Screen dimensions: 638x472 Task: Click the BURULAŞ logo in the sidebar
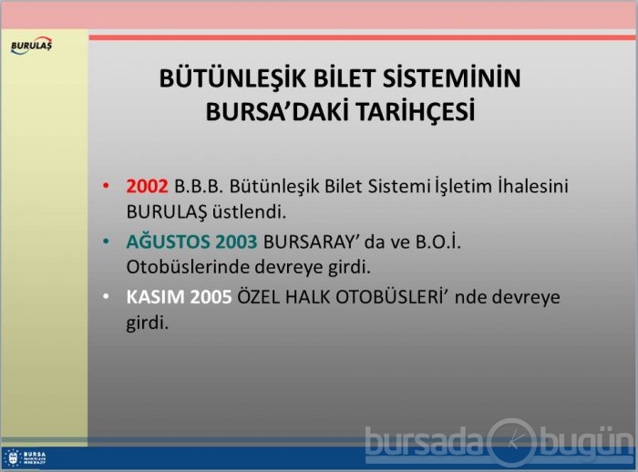coord(31,46)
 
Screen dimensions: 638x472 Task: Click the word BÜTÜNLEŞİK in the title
coord(232,78)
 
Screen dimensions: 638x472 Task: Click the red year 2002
coord(147,187)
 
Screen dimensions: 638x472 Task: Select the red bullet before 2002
coord(106,186)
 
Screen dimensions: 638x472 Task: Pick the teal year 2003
coord(236,241)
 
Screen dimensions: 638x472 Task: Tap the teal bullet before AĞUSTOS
coord(106,241)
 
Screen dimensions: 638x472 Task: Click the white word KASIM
coord(156,297)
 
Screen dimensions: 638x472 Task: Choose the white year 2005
coord(211,297)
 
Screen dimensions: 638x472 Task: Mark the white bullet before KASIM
coord(106,297)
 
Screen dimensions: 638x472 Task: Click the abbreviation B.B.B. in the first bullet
coord(199,187)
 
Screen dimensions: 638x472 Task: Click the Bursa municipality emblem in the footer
coord(12,458)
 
